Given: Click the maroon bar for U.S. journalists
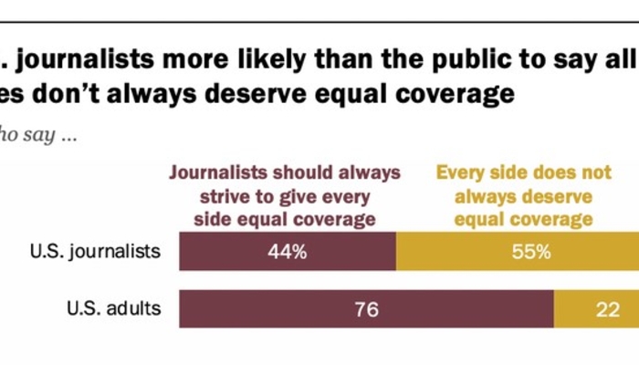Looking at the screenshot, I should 288,252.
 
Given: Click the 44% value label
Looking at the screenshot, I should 288,252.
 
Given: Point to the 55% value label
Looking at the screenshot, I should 530,252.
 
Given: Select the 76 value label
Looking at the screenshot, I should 366,308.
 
